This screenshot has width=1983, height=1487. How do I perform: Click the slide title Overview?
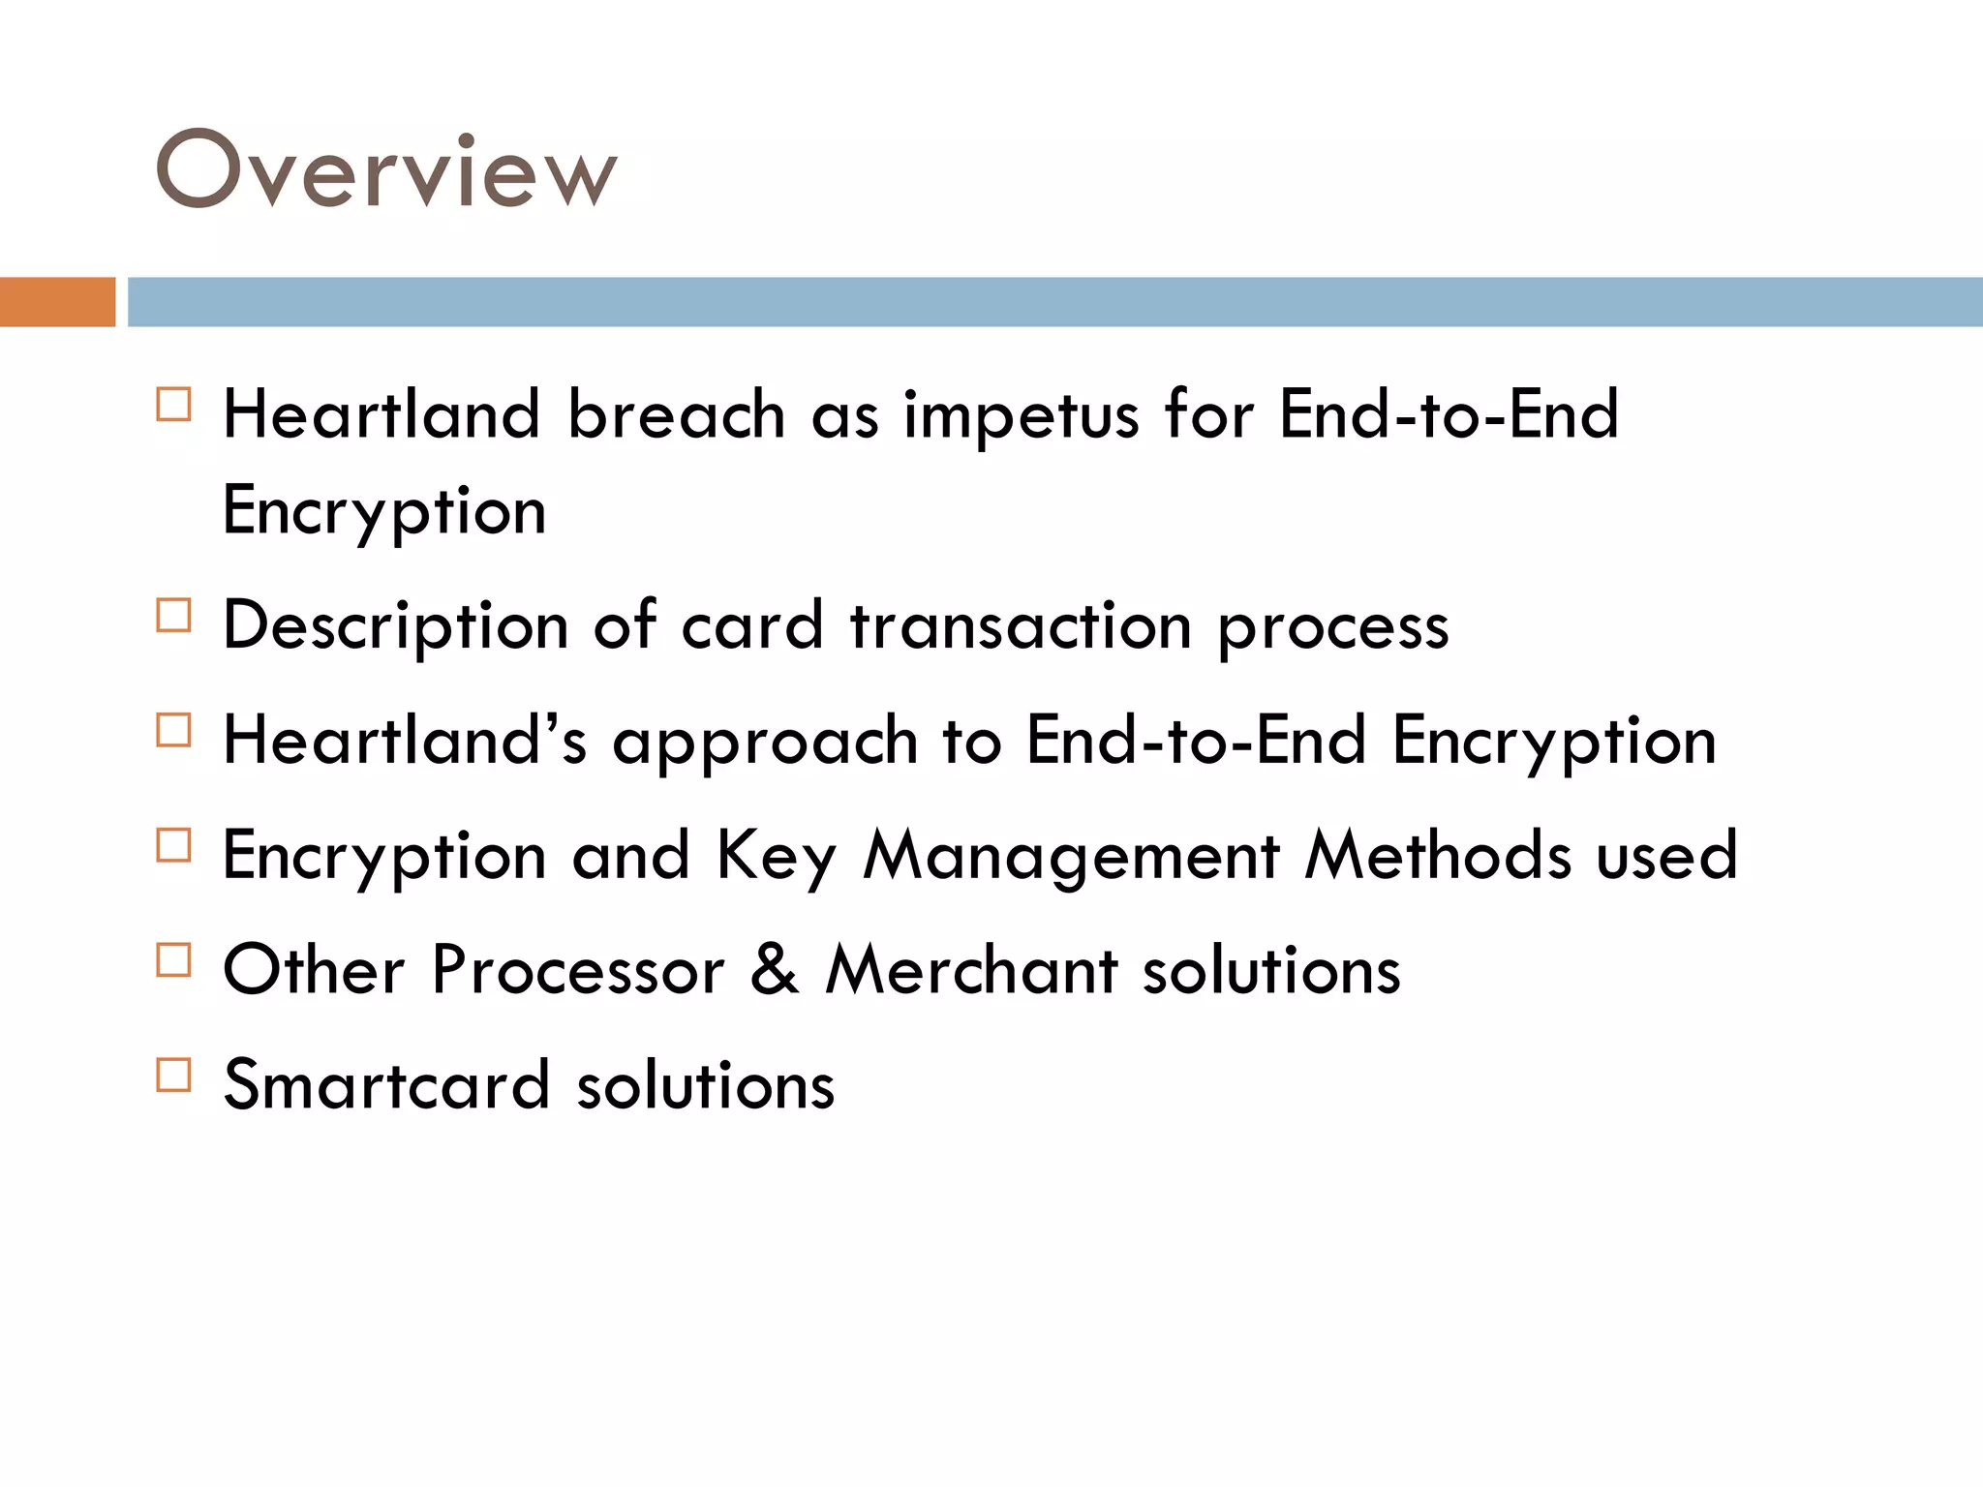(x=386, y=169)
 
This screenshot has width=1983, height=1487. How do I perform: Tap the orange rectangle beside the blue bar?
(x=57, y=302)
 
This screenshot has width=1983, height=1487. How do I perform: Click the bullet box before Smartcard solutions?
(x=173, y=1075)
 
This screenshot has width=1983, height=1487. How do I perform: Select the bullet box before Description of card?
(x=173, y=616)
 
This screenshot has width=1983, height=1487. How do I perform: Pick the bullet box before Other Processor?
(x=173, y=960)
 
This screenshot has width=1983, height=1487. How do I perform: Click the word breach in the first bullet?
(x=676, y=414)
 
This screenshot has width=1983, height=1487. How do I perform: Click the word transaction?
(x=1021, y=625)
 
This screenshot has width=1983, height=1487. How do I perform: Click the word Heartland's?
(x=405, y=741)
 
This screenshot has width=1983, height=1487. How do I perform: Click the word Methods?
(x=1438, y=855)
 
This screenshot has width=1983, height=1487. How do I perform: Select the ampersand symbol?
(x=775, y=969)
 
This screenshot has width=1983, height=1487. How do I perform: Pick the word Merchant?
(x=971, y=969)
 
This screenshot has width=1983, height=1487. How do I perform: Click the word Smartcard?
(x=386, y=1084)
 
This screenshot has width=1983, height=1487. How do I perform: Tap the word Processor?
(x=578, y=969)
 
